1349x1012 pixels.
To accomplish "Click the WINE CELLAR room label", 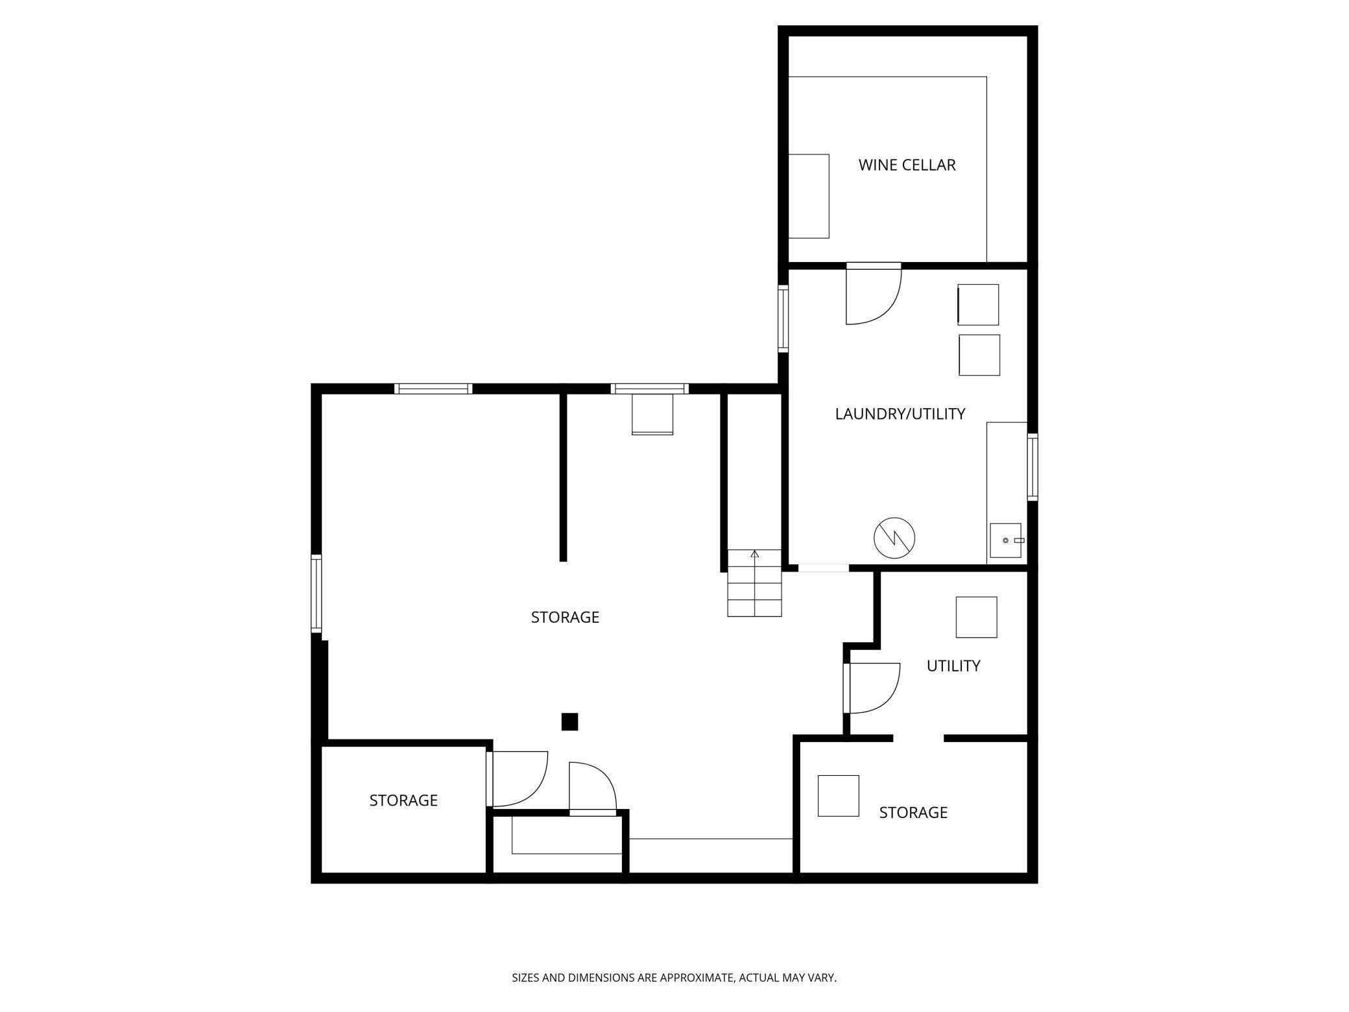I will (907, 165).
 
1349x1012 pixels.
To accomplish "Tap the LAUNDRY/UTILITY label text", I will (900, 414).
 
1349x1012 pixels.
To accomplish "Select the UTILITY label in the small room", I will (953, 666).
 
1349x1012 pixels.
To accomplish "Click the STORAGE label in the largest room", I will (565, 617).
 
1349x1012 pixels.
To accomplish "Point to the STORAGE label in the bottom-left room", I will (403, 801).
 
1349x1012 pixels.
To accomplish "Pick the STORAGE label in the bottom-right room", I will (913, 812).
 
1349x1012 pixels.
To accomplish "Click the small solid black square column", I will (569, 721).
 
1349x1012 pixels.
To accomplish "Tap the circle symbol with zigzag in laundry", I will (894, 538).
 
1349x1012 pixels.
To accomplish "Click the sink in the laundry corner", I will (1005, 541).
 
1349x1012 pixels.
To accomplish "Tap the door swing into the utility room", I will (872, 688).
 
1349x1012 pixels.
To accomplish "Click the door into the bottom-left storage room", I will (519, 778).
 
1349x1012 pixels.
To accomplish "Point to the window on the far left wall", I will (316, 593).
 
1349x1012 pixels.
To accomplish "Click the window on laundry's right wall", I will (1032, 466).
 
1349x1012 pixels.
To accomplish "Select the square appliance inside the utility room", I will (976, 617).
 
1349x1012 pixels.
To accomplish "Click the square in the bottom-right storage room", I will (838, 795).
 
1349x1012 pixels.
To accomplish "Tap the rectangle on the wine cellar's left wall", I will (809, 196).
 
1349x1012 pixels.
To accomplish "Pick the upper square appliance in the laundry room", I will (978, 304).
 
